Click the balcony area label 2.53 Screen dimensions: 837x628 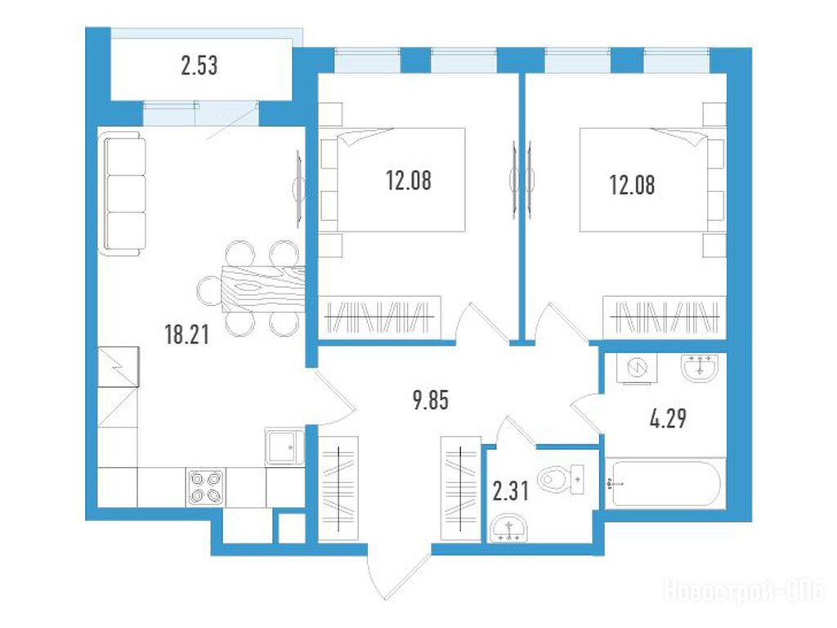pyautogui.click(x=199, y=65)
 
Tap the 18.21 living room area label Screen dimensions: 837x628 pyautogui.click(x=187, y=334)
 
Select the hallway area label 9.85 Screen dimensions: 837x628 pyautogui.click(x=431, y=400)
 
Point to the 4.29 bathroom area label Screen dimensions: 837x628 pyautogui.click(x=668, y=419)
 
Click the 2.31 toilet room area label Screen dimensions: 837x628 pyautogui.click(x=511, y=491)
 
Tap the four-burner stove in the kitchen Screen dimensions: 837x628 pyautogui.click(x=205, y=487)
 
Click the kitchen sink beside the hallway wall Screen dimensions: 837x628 pyautogui.click(x=284, y=446)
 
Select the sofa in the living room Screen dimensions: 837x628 pyautogui.click(x=123, y=194)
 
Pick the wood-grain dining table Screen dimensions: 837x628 pyautogui.click(x=264, y=289)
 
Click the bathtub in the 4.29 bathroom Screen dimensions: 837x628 pyautogui.click(x=666, y=484)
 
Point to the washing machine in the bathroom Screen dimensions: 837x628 pyautogui.click(x=638, y=368)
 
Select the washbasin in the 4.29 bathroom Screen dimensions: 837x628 pyautogui.click(x=700, y=367)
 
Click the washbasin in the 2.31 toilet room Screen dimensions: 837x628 pyautogui.click(x=508, y=530)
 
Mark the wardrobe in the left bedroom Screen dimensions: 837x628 pyautogui.click(x=379, y=317)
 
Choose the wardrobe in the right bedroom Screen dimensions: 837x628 pyautogui.click(x=665, y=317)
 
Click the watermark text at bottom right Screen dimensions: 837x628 pyautogui.click(x=744, y=591)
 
